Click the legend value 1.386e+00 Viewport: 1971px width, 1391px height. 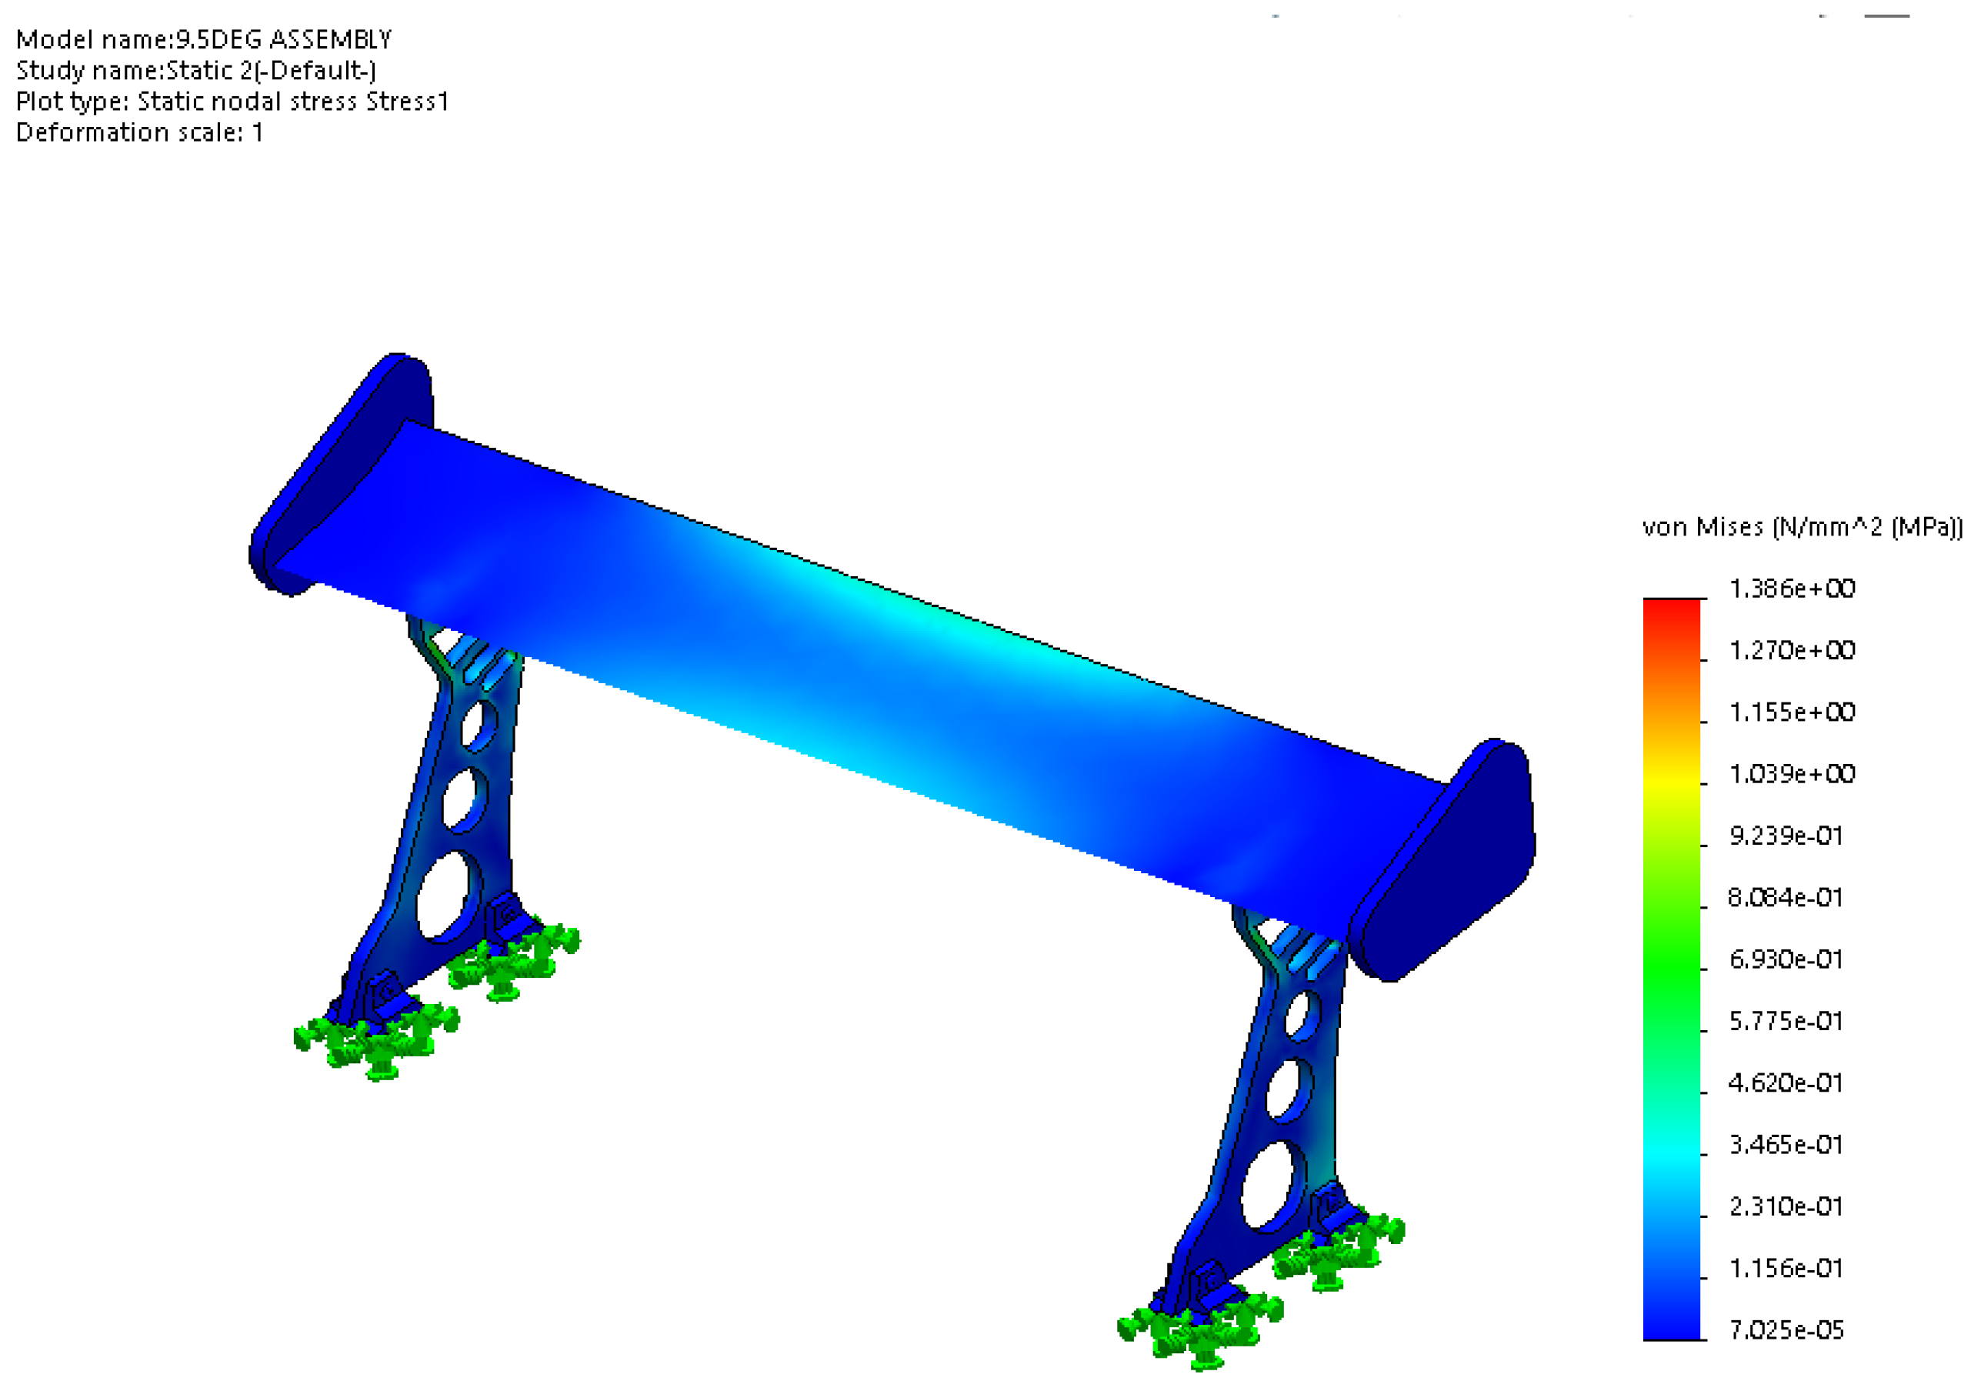click(x=1792, y=589)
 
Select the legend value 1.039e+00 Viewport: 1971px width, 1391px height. click(x=1792, y=775)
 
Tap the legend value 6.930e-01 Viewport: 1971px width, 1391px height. click(x=1786, y=960)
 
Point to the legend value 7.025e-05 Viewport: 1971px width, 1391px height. click(x=1786, y=1331)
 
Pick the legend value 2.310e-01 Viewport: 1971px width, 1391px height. click(x=1786, y=1207)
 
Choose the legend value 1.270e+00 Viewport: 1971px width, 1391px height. click(x=1792, y=651)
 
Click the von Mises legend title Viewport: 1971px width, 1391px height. click(x=1802, y=527)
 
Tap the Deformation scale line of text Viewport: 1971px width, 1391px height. click(x=140, y=132)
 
